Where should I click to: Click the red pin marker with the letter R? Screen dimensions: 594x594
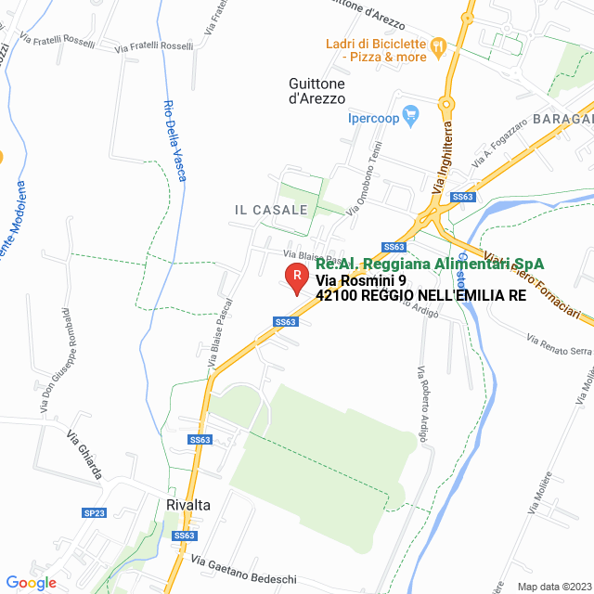[295, 276]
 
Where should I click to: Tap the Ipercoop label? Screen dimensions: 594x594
[373, 117]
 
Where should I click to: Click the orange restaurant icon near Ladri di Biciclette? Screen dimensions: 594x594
[440, 44]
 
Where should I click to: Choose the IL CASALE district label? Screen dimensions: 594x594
[270, 210]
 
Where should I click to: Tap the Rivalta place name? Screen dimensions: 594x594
[188, 505]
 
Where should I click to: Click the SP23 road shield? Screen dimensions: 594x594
[95, 512]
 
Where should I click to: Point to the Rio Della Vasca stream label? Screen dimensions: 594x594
[173, 139]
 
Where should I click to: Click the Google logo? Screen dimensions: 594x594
[31, 583]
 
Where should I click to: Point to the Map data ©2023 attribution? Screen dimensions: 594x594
[553, 587]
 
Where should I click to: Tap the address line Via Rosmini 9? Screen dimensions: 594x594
[361, 280]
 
